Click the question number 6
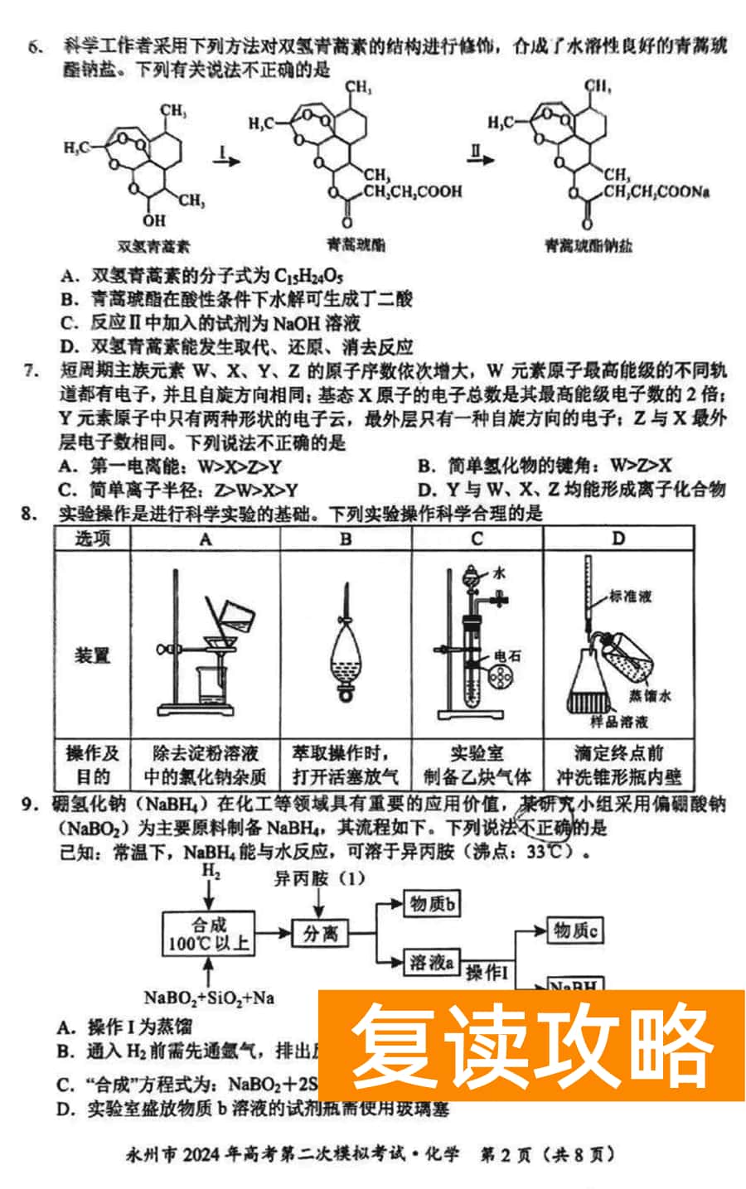tap(34, 46)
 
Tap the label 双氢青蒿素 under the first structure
tap(153, 246)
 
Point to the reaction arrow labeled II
tap(481, 158)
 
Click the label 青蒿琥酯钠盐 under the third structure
tap(589, 246)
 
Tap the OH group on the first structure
tap(154, 220)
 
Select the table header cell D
tap(618, 539)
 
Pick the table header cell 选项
tap(92, 539)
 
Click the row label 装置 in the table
tap(92, 655)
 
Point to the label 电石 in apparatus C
tap(507, 655)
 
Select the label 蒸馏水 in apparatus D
tap(649, 695)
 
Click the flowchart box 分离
tap(321, 933)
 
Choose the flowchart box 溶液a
tap(432, 962)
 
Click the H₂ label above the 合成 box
tap(212, 873)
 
